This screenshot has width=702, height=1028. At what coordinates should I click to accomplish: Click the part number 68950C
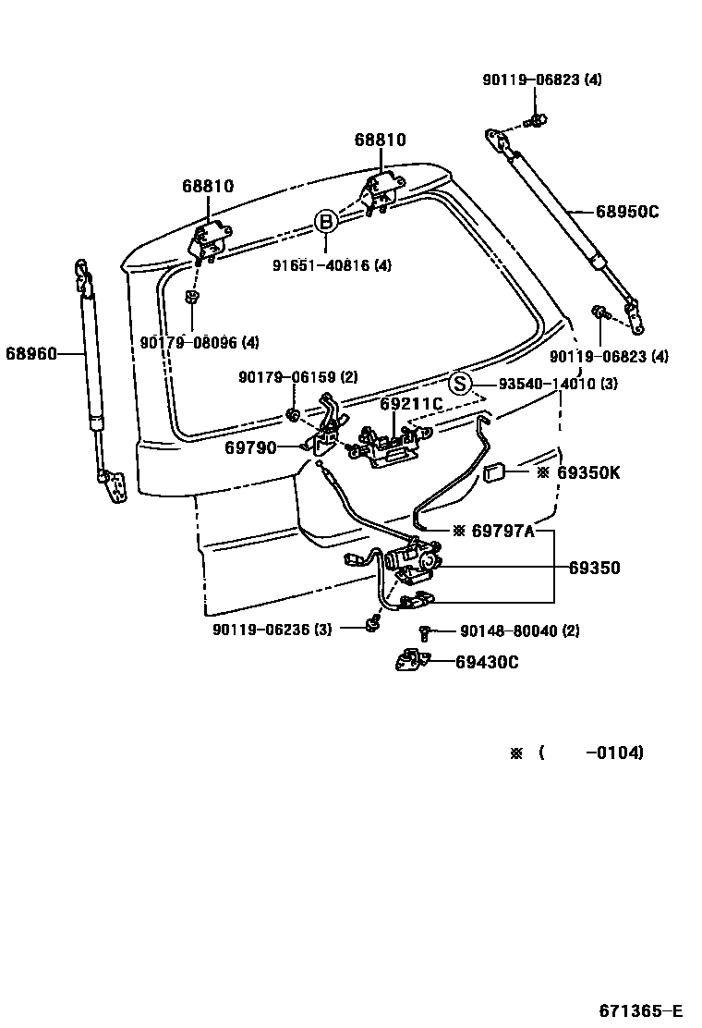(x=626, y=212)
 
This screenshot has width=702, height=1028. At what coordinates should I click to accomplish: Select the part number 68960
(x=31, y=352)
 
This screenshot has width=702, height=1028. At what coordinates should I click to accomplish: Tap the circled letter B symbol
(x=325, y=222)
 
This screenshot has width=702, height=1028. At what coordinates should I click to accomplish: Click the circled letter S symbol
(x=460, y=384)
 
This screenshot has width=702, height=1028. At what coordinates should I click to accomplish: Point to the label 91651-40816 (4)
(x=332, y=265)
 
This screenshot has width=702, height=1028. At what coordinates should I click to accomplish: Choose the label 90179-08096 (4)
(x=200, y=342)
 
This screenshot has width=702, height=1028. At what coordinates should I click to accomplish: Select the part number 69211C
(x=411, y=403)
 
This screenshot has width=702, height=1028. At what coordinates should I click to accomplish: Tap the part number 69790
(x=250, y=447)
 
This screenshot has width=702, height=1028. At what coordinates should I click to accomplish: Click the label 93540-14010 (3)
(x=558, y=384)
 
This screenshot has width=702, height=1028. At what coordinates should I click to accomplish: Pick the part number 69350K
(x=588, y=472)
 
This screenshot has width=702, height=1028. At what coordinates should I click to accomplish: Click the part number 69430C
(x=487, y=661)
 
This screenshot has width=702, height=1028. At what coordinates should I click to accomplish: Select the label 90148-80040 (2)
(x=520, y=631)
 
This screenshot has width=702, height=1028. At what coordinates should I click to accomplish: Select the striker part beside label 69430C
(x=409, y=661)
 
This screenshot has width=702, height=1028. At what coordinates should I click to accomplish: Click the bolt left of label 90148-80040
(x=425, y=632)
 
